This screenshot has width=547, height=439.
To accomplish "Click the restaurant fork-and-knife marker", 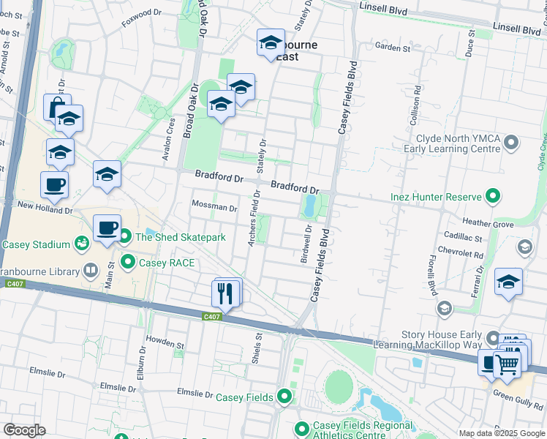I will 225,293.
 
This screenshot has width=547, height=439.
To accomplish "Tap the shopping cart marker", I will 510,362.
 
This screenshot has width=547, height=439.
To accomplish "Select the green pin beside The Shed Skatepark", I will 125,236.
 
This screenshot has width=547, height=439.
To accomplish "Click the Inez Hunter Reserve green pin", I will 494,197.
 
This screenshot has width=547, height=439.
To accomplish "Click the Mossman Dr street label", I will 214,207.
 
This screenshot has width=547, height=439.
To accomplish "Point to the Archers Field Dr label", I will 254,218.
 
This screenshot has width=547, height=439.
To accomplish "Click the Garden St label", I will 393,48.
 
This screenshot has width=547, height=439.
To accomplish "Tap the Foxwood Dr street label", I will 141,13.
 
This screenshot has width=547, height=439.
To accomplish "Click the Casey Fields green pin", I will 285,397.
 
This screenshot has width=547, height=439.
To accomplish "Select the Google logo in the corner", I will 23,430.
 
